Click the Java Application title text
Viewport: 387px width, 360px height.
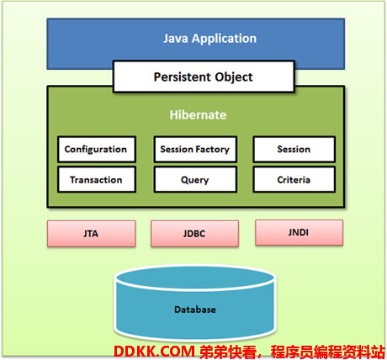[209, 39]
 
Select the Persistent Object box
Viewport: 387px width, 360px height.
[204, 77]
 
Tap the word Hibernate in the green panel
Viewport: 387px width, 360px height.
[198, 115]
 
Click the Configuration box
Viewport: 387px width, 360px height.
[97, 150]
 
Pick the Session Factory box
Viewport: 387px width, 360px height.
[195, 150]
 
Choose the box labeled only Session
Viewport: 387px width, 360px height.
[294, 150]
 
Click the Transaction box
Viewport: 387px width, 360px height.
[97, 179]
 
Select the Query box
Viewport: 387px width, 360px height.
[195, 179]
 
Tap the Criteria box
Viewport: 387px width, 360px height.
[294, 179]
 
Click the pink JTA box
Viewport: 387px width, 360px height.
[92, 234]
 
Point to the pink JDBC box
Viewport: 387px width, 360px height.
[195, 234]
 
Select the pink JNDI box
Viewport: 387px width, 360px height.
[299, 232]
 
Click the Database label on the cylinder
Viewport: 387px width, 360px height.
[195, 310]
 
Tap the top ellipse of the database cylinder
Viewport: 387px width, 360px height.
[195, 278]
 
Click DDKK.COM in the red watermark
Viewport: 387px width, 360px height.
[154, 351]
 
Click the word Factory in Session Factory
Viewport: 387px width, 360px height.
[212, 150]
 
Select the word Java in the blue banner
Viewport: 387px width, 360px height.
[176, 39]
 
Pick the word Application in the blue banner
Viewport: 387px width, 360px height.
[224, 39]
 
